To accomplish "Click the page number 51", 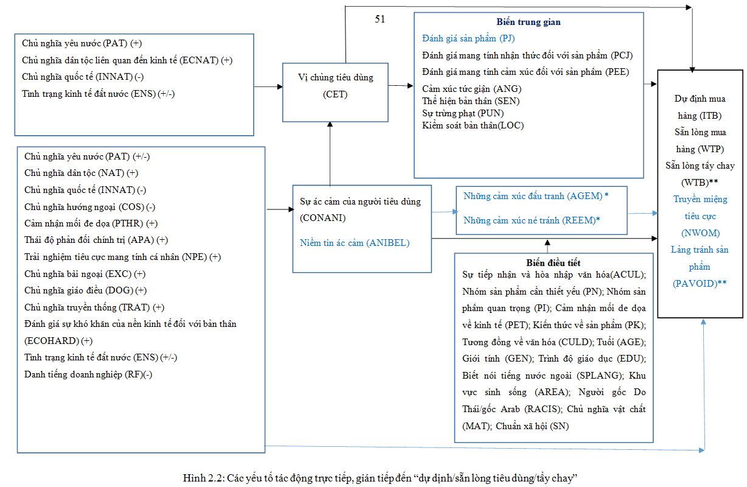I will pos(380,19).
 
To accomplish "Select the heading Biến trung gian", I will pos(528,22).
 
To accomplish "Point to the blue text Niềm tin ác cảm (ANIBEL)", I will pos(355,243).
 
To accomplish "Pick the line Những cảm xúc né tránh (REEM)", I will pos(531,220).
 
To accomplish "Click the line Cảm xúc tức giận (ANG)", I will pos(463,89).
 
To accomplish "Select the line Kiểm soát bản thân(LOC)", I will pos(473,125).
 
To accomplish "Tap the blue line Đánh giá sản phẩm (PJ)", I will pos(468,39).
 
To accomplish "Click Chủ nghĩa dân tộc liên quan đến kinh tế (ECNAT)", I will pos(127,60).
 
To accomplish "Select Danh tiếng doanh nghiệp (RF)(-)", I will pos(88,374).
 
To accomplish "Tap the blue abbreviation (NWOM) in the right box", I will pos(700,233).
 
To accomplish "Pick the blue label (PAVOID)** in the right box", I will pos(700,283).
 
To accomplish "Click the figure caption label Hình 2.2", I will pos(203,477).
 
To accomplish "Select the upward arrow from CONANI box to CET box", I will pos(330,152).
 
